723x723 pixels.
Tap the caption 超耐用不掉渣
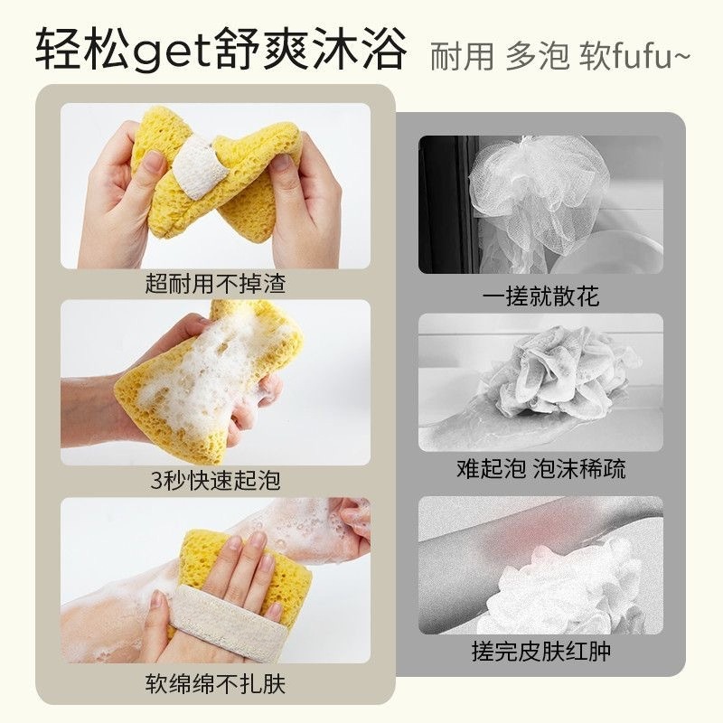pos(215,284)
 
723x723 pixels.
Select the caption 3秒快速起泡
pos(215,481)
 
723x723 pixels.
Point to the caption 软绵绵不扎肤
pos(215,684)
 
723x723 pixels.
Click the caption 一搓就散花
pos(540,296)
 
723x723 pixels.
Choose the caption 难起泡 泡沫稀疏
pos(540,469)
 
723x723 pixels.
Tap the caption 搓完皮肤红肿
pos(540,652)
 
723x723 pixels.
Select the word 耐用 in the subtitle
pos(462,57)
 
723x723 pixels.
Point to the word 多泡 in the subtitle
pos(538,57)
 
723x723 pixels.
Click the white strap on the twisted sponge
pos(202,169)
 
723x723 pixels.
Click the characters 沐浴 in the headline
pos(360,50)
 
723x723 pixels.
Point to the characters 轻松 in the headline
pos(81,50)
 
